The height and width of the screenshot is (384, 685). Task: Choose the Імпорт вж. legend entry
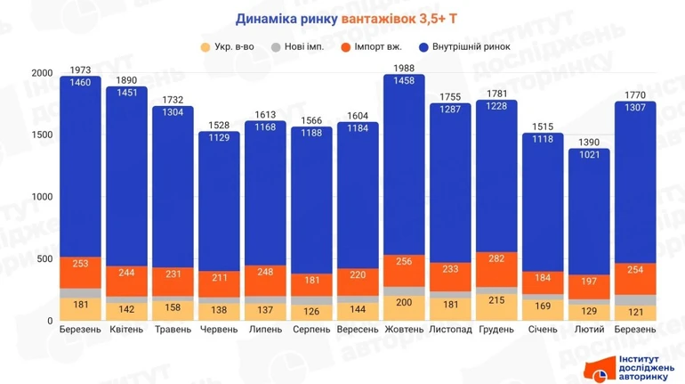(378, 46)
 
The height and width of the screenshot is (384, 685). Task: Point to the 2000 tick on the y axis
(42, 73)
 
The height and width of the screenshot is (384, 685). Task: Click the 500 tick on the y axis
(44, 258)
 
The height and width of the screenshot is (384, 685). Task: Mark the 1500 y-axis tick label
(42, 135)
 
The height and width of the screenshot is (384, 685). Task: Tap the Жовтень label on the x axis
(404, 330)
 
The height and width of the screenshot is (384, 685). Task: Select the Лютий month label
(589, 330)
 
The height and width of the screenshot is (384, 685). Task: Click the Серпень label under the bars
(311, 330)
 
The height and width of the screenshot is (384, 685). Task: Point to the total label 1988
(404, 69)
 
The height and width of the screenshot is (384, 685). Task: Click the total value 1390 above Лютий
(589, 143)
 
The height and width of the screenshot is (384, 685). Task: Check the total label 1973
(81, 70)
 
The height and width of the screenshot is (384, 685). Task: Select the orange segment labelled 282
(496, 258)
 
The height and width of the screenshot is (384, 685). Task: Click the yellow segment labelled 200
(404, 303)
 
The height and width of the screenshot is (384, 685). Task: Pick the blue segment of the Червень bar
(219, 205)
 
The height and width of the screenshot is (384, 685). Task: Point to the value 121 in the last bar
(635, 311)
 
